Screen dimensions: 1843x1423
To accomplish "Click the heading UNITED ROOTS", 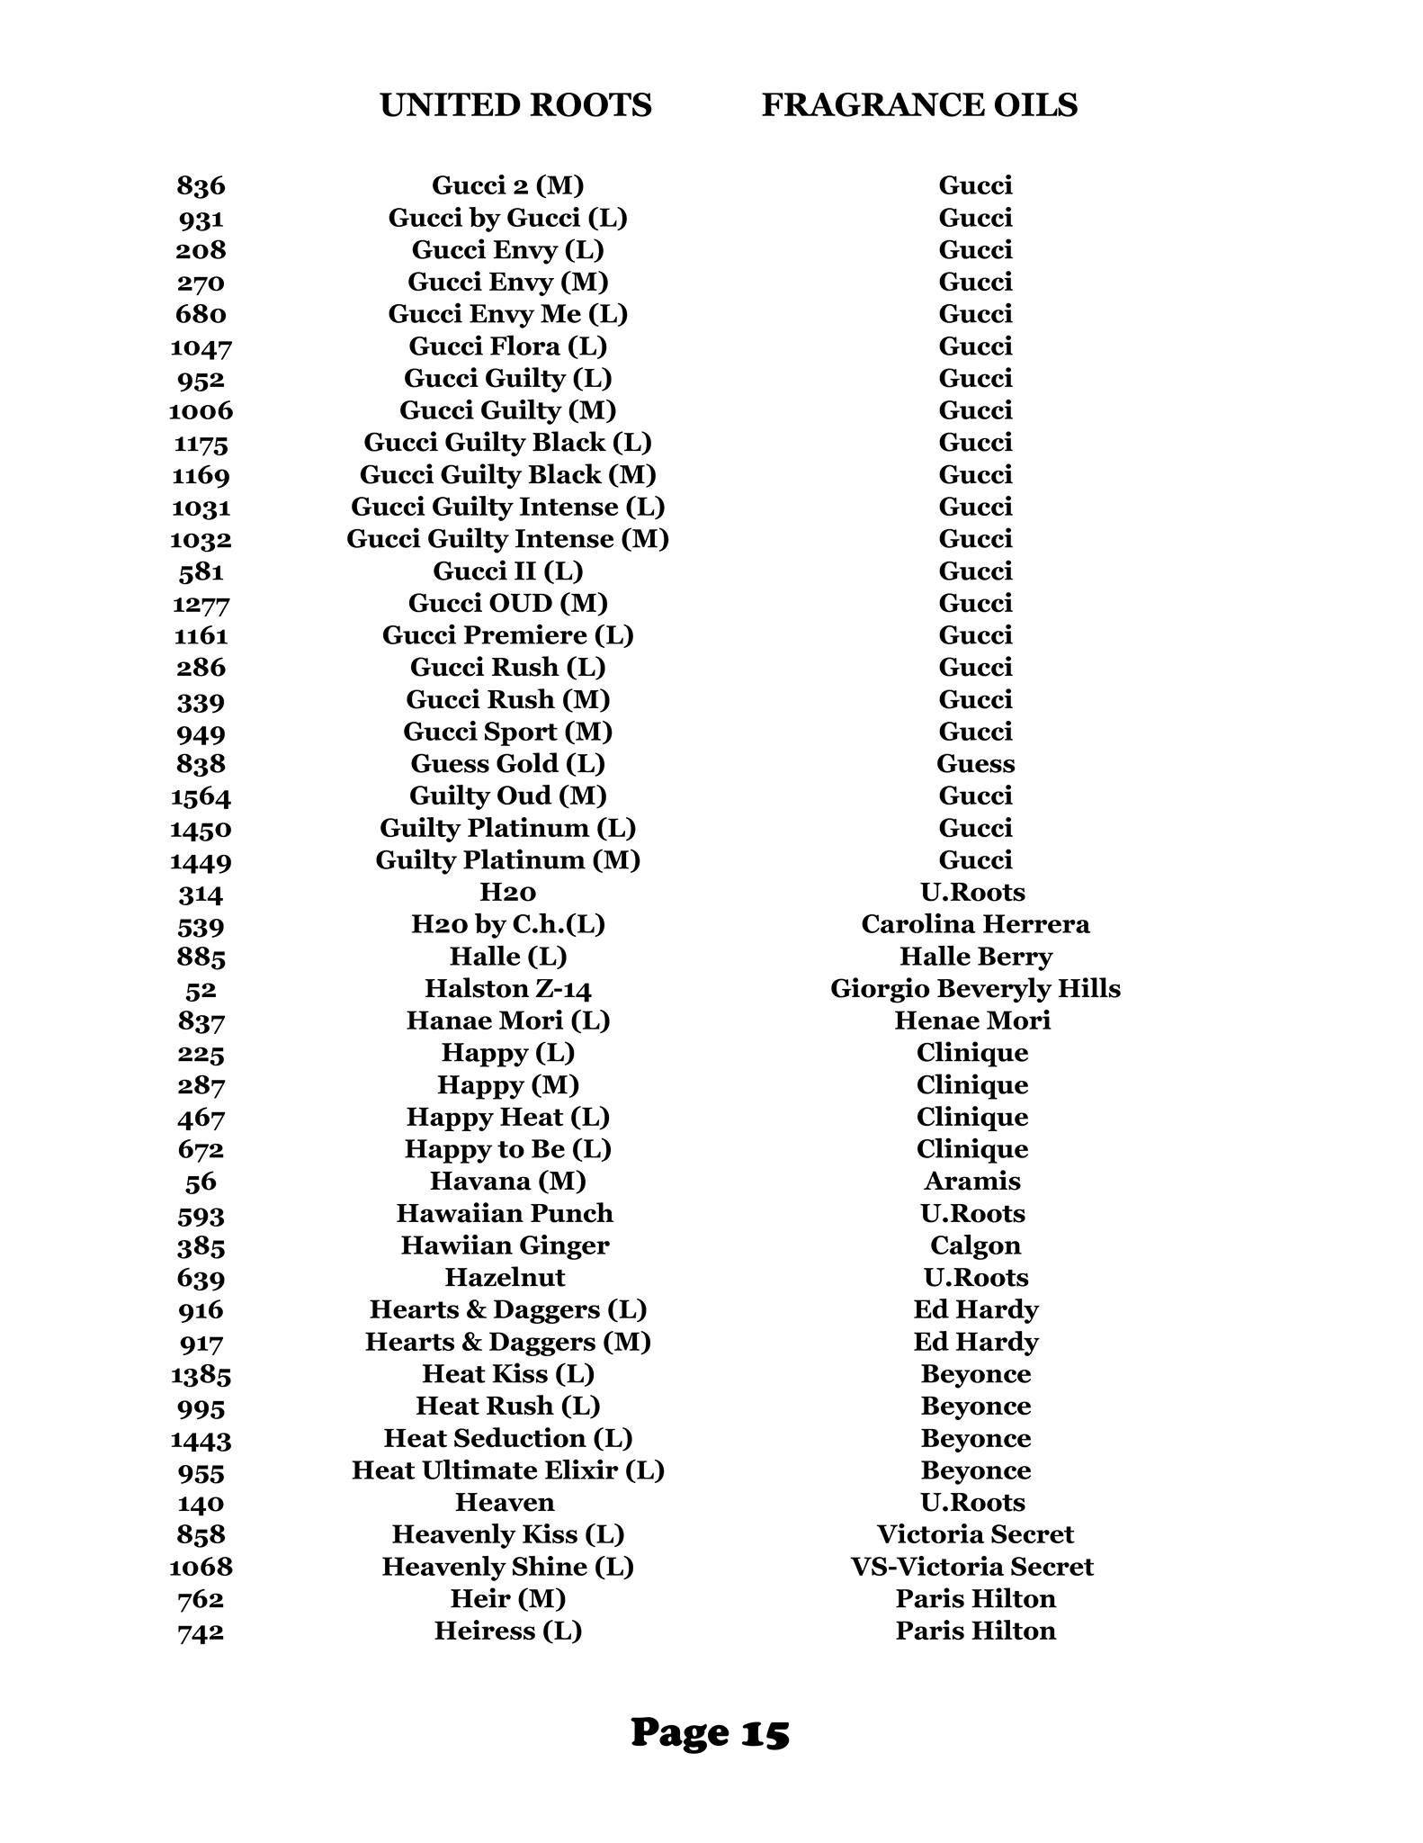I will point(515,105).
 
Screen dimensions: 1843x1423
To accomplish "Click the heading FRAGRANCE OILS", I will point(919,105).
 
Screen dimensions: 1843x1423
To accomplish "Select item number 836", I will point(201,185).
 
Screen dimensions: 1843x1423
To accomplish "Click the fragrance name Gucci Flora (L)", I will point(507,346).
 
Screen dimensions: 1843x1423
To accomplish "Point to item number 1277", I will point(201,603).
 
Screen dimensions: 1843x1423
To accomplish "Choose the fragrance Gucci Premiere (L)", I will point(507,635).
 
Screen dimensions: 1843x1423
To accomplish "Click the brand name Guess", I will point(975,764).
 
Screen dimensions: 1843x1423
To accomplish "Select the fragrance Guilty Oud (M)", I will point(507,796).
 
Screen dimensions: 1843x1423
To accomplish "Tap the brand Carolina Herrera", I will point(975,924).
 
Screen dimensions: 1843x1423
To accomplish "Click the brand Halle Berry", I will point(975,957).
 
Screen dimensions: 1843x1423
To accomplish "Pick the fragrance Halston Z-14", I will point(507,989).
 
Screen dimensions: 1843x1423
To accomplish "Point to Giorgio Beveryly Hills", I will point(975,989).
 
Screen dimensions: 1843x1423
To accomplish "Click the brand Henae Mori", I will point(972,1020).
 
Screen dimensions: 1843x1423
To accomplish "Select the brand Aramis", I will point(972,1181).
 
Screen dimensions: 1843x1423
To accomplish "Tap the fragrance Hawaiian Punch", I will point(505,1213).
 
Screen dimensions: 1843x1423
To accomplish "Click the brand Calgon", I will point(975,1245).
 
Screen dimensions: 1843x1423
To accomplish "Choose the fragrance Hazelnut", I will point(505,1278).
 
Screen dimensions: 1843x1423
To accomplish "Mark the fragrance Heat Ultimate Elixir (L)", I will point(507,1470).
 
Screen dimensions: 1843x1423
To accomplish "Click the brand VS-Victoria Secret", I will point(972,1567).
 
